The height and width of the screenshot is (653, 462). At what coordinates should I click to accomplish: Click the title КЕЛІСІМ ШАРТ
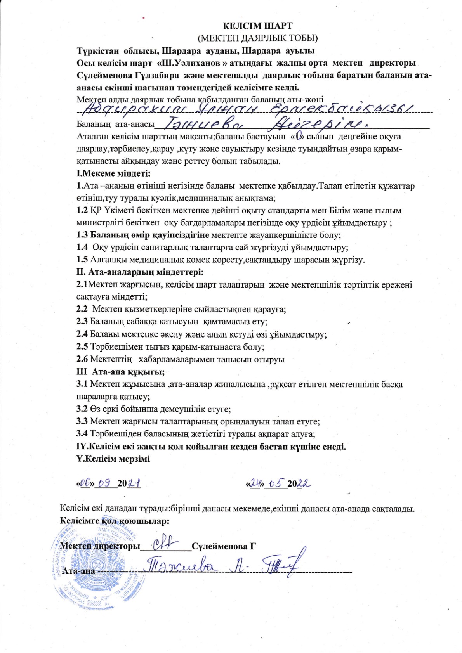pyautogui.click(x=257, y=26)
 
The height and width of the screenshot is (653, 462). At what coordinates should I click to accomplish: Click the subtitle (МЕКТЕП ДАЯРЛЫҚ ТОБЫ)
pyautogui.click(x=257, y=38)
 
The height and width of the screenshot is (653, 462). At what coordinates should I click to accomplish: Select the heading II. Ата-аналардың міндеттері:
pyautogui.click(x=140, y=272)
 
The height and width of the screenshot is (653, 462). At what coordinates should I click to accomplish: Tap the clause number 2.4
pyautogui.click(x=82, y=334)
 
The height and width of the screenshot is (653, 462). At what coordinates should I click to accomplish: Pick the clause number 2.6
pyautogui.click(x=82, y=359)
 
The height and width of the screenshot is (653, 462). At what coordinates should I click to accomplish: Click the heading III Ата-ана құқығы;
pyautogui.click(x=120, y=372)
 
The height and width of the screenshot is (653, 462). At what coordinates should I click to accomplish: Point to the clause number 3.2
pyautogui.click(x=82, y=409)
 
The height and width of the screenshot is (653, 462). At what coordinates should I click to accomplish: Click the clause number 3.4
pyautogui.click(x=82, y=434)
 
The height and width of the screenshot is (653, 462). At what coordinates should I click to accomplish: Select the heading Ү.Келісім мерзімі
pyautogui.click(x=113, y=459)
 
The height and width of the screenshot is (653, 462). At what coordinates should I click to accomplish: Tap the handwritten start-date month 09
pyautogui.click(x=105, y=483)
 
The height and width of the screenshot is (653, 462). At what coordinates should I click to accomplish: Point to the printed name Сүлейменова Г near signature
pyautogui.click(x=224, y=546)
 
